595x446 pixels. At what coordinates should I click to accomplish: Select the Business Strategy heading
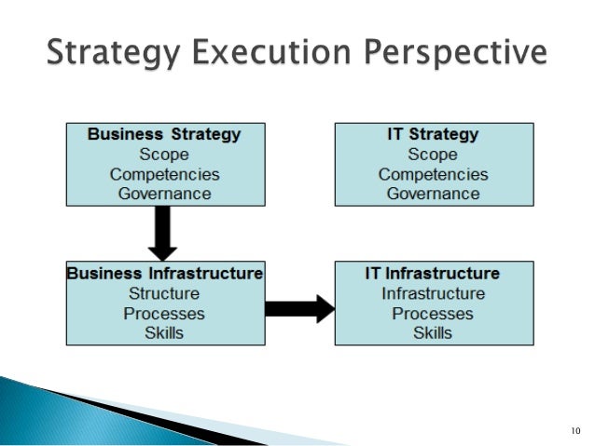point(163,134)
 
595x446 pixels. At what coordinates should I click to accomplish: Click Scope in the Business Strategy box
point(163,155)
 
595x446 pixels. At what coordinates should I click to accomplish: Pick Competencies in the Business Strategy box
point(164,174)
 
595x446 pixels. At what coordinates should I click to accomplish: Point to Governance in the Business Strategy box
point(164,194)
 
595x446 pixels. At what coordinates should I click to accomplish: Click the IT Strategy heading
point(433,134)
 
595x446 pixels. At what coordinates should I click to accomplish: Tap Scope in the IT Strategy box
point(433,155)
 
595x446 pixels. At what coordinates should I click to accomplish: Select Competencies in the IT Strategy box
point(433,174)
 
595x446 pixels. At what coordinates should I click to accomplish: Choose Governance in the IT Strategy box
point(433,194)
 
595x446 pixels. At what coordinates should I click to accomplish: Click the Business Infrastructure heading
point(164,274)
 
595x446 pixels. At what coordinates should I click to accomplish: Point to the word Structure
point(164,294)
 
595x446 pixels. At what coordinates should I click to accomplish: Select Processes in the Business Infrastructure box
point(164,314)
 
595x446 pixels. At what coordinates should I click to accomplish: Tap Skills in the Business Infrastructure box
point(164,332)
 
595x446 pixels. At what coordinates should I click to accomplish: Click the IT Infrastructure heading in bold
point(433,274)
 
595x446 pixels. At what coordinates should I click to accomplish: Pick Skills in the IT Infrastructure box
point(433,332)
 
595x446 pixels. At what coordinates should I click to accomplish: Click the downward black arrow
point(163,234)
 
